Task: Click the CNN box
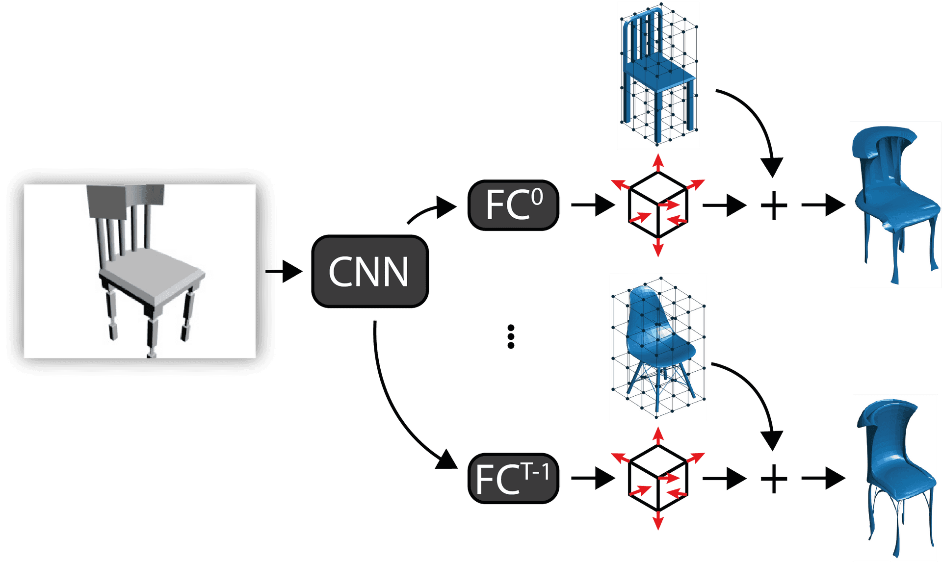[x=369, y=271]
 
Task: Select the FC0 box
[x=513, y=205]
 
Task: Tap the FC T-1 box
[x=513, y=478]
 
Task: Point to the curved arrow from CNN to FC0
[x=432, y=210]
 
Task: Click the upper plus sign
[x=774, y=205]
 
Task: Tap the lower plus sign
[x=774, y=478]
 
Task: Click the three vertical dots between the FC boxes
[x=511, y=336]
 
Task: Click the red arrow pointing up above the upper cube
[x=658, y=162]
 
